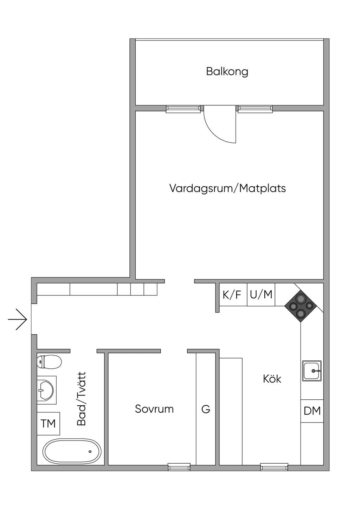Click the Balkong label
point(227,72)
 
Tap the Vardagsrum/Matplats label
point(227,189)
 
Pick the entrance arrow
point(18,319)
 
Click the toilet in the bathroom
point(49,362)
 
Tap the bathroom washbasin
point(47,390)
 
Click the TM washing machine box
point(49,424)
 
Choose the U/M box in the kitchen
point(261,295)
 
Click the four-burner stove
point(301,306)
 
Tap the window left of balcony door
point(183,109)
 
